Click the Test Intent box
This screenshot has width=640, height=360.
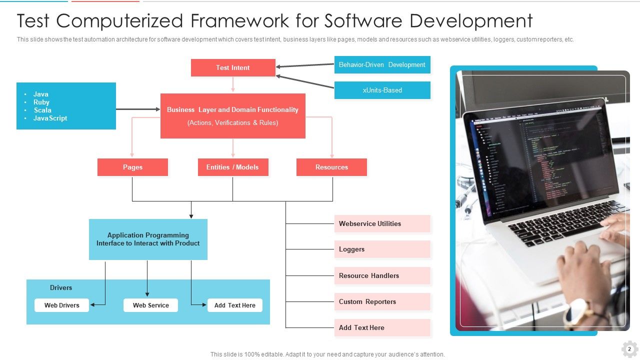(x=233, y=68)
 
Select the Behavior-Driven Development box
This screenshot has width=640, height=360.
(x=382, y=65)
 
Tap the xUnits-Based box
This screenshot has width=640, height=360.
(x=382, y=90)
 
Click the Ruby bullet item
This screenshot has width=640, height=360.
(x=41, y=102)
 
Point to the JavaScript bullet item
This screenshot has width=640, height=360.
(x=50, y=118)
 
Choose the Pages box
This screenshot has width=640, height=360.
(x=132, y=167)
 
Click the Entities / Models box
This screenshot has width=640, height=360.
(x=232, y=167)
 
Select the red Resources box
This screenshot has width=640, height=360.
(x=331, y=167)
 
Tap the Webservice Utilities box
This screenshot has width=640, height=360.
(x=382, y=224)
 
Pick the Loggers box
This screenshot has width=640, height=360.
(x=382, y=249)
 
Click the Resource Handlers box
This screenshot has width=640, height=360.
(x=382, y=276)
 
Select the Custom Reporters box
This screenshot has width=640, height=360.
(x=382, y=302)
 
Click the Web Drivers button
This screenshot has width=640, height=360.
(x=61, y=305)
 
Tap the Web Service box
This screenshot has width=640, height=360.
(x=150, y=305)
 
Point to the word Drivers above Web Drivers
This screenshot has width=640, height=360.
(x=61, y=288)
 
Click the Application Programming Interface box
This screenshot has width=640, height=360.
(x=148, y=239)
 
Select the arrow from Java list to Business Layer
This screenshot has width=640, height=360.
(x=138, y=109)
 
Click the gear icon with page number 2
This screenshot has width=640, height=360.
(x=629, y=349)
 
